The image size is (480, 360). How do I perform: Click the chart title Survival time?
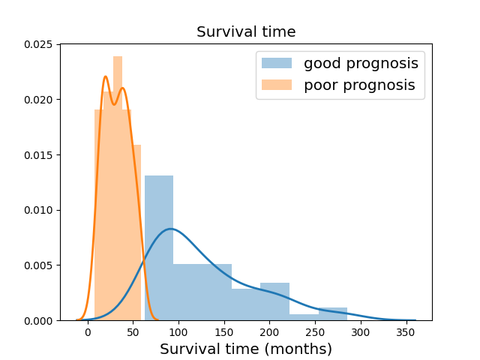(x=246, y=31)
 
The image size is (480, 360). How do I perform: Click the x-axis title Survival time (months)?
(x=246, y=349)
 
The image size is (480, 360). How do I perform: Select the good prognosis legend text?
(x=361, y=64)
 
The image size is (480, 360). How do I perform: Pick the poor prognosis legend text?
(x=359, y=85)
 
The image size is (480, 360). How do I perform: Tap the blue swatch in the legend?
(x=277, y=63)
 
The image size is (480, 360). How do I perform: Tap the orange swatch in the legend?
(x=277, y=85)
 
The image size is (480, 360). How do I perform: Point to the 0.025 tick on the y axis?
(x=38, y=44)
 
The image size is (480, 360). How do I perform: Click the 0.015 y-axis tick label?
(x=38, y=155)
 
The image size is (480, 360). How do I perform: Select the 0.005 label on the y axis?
(x=38, y=265)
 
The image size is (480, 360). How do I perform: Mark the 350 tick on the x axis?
(x=406, y=332)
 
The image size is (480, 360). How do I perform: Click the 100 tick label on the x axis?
(x=178, y=332)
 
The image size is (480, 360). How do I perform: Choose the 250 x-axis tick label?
(x=315, y=332)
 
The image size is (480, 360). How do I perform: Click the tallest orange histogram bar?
(x=118, y=188)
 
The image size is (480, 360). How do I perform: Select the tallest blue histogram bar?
(x=159, y=248)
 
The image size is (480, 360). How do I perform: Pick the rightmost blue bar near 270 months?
(x=333, y=313)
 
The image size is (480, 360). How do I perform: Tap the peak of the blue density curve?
(x=170, y=229)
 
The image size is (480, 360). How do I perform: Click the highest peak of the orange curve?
(x=105, y=76)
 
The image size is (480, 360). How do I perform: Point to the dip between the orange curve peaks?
(x=114, y=105)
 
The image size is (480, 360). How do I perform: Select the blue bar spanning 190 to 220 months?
(x=275, y=301)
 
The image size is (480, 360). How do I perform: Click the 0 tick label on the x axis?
(x=88, y=332)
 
